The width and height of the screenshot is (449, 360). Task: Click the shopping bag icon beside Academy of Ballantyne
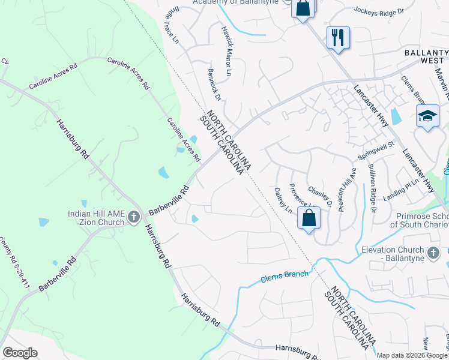(x=303, y=8)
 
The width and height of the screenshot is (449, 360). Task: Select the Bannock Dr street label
(x=215, y=84)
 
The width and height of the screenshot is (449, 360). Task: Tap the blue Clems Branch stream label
(x=285, y=277)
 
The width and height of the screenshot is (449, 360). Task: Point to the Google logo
(x=20, y=352)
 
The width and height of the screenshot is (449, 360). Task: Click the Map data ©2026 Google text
(x=412, y=355)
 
